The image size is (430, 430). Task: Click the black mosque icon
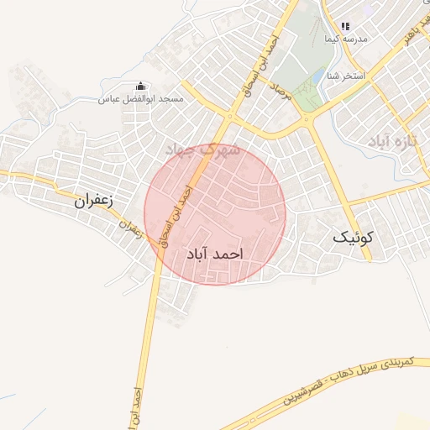click(x=140, y=86)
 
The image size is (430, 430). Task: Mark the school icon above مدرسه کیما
click(x=344, y=27)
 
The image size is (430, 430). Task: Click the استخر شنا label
click(x=347, y=76)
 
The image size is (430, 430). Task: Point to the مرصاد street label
click(x=282, y=94)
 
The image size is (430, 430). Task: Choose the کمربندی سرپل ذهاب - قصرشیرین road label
click(x=347, y=378)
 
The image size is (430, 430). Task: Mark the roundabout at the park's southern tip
click(x=307, y=120)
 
